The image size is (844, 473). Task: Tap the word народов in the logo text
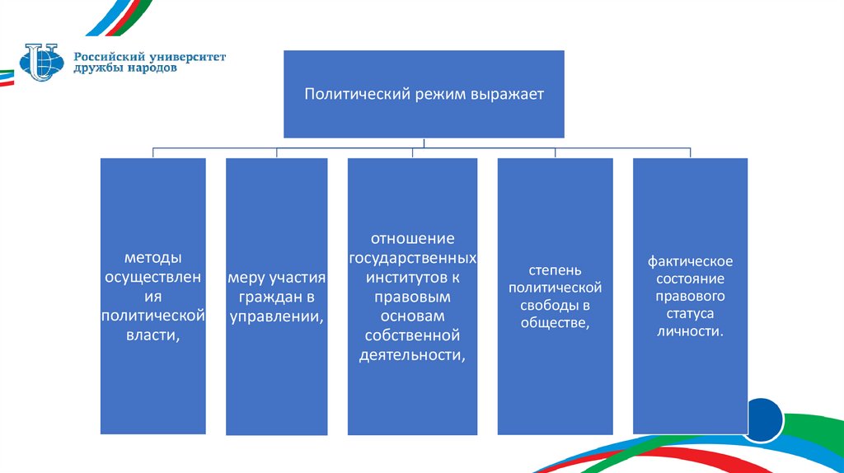click(x=148, y=69)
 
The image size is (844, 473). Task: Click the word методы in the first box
click(x=152, y=257)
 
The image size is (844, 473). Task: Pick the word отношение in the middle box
click(x=412, y=239)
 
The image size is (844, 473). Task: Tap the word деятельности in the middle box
click(x=412, y=355)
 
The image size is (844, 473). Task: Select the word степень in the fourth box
click(x=555, y=269)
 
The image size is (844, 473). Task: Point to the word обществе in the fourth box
click(x=555, y=322)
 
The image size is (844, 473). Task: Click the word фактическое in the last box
click(x=690, y=261)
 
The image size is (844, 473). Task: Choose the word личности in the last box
click(x=690, y=331)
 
